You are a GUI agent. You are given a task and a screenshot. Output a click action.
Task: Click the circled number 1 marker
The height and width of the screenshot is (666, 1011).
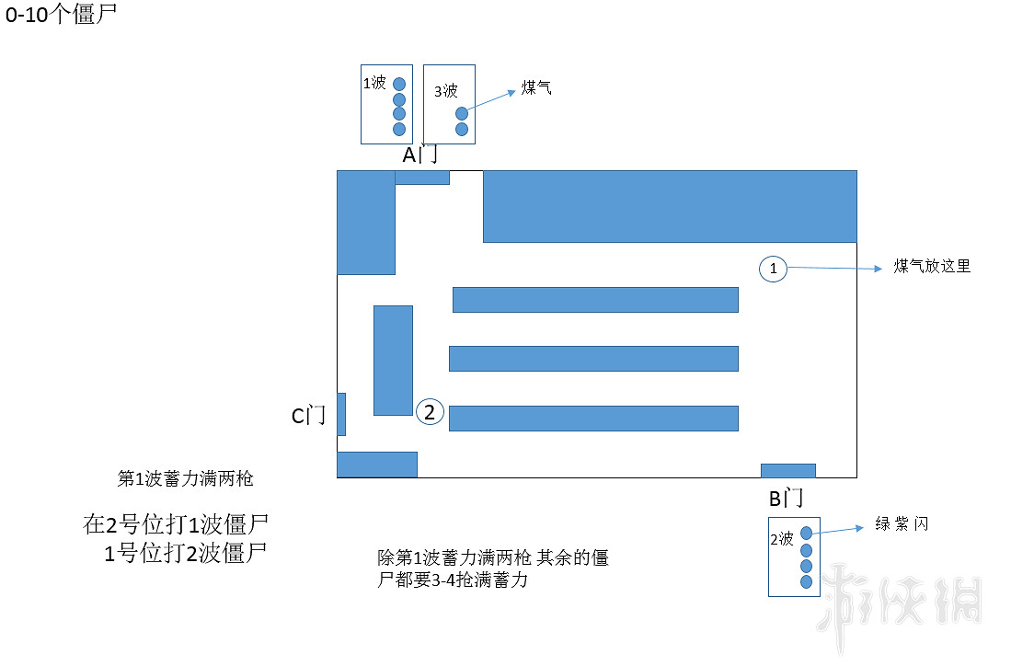(x=773, y=269)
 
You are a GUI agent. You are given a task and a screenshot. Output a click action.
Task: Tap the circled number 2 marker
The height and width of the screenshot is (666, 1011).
(x=429, y=412)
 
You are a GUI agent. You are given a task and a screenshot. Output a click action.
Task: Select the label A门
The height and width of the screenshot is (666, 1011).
(x=420, y=155)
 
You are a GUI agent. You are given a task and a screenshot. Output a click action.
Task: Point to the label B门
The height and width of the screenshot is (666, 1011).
(x=787, y=499)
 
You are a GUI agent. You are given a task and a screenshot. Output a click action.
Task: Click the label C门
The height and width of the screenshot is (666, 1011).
(x=309, y=417)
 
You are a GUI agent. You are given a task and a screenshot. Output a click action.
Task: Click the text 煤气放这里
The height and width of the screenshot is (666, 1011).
(x=932, y=267)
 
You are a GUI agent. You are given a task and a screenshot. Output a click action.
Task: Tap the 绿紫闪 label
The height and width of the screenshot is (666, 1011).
(x=902, y=524)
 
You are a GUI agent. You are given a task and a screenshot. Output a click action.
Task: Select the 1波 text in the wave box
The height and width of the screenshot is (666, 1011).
(x=374, y=83)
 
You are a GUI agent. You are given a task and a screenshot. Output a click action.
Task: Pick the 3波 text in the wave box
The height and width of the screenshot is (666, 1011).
(x=446, y=91)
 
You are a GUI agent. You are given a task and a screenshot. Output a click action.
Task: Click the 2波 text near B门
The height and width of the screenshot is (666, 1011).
(x=782, y=540)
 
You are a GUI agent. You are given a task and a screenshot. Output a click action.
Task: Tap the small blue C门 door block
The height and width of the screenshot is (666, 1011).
(x=341, y=414)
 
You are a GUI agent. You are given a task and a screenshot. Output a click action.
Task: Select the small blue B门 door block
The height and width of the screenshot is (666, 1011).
(x=787, y=471)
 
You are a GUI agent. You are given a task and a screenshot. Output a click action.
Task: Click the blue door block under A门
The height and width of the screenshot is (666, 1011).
(x=421, y=178)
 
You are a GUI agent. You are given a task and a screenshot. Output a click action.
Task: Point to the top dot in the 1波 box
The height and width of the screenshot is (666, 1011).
(x=399, y=84)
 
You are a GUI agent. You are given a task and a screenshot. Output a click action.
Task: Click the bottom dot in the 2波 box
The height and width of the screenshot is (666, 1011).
(x=807, y=581)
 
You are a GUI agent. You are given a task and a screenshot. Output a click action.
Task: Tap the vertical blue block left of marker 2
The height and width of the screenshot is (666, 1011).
(x=393, y=360)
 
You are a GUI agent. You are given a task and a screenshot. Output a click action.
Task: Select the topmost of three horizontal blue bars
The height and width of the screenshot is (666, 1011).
(x=595, y=300)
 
